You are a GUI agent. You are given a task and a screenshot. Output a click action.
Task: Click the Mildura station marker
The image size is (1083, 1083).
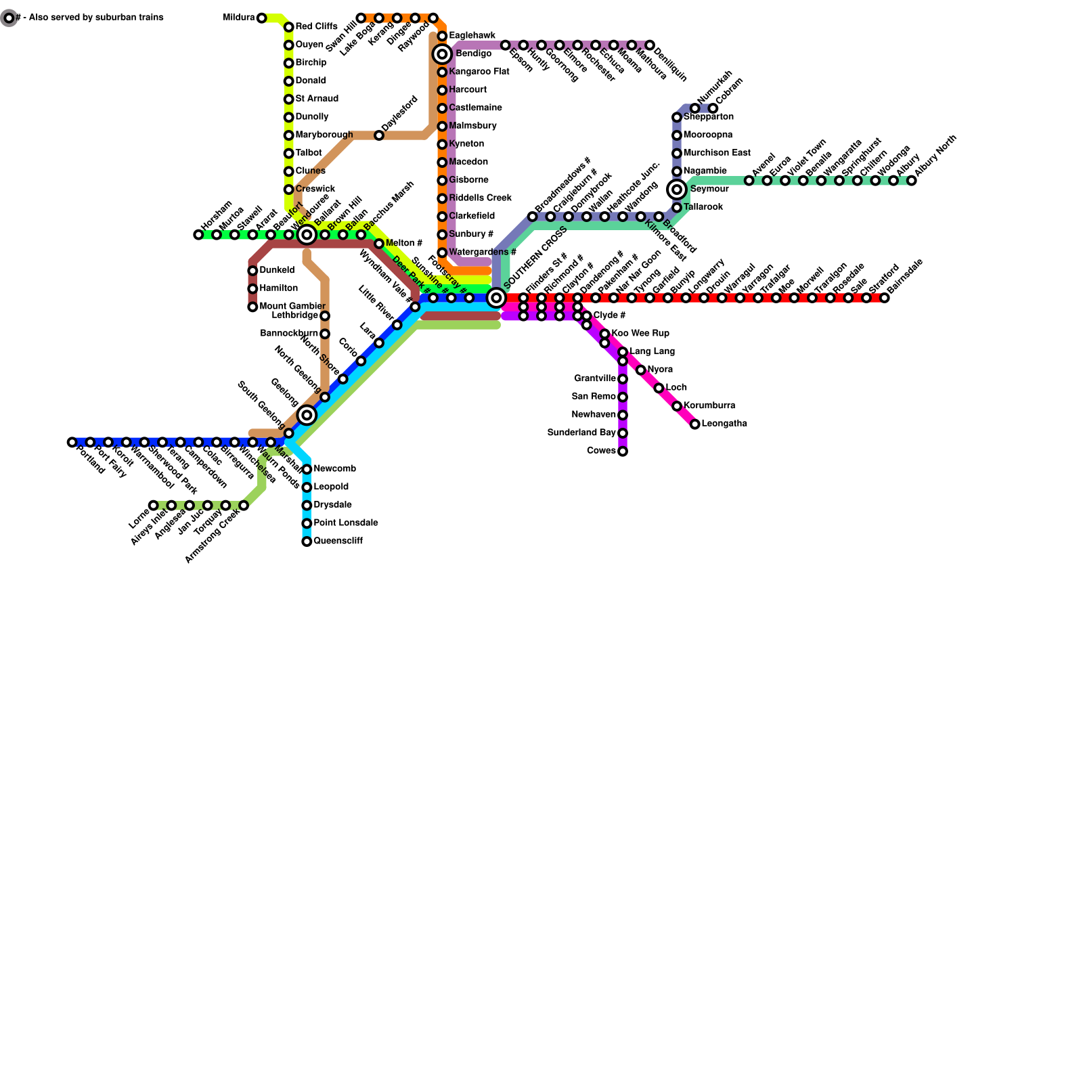pos(262,18)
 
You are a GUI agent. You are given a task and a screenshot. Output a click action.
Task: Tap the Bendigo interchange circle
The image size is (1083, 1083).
pos(443,54)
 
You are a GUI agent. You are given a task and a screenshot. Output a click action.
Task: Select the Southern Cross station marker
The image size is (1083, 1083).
pos(497,298)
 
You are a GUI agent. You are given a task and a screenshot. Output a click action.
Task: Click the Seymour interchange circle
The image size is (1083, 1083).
pos(677,190)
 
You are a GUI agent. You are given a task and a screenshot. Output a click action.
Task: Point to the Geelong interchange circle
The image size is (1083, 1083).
pos(307,415)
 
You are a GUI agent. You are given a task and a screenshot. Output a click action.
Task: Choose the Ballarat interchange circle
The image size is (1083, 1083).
pos(307,235)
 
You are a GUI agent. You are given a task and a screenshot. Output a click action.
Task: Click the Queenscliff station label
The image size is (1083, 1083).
pos(338,541)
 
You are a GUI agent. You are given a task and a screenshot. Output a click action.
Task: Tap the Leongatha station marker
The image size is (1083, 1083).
pos(695,424)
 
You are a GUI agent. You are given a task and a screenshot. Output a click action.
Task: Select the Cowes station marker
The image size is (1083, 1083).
pos(623,451)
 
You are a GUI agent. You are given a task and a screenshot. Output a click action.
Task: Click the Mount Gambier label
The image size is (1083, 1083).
pos(292,307)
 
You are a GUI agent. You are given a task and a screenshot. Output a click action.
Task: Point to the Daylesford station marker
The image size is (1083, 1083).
pos(379,135)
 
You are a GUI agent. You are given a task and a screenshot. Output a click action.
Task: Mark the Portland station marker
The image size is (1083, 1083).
pos(72,443)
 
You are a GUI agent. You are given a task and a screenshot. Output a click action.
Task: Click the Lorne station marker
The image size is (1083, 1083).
pos(154,506)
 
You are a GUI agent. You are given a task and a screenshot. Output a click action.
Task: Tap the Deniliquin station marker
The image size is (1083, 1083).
pos(650,45)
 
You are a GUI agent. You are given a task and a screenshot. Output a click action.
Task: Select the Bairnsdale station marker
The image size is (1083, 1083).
pos(885,298)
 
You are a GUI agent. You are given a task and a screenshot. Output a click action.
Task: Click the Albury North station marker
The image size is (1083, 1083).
pos(912,181)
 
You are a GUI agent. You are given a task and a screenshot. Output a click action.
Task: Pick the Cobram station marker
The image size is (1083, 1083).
pos(713,108)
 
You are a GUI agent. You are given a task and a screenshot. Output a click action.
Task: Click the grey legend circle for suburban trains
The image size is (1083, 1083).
pos(9,18)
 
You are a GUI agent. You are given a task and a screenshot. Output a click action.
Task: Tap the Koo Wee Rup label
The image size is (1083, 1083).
pos(640,334)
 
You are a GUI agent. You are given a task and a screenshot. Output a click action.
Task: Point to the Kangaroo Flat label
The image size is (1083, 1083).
pos(479,72)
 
